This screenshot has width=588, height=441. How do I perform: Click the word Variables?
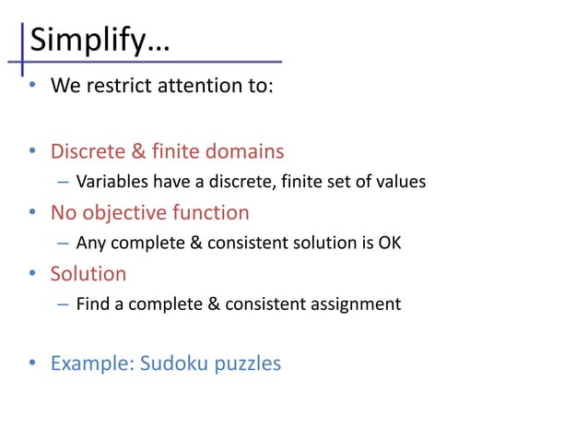click(x=110, y=182)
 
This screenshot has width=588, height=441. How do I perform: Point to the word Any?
click(x=90, y=244)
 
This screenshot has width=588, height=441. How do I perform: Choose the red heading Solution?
click(x=88, y=275)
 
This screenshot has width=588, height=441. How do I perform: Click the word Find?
click(x=92, y=304)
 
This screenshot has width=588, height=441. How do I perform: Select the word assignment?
click(x=357, y=304)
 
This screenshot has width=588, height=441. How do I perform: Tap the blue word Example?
click(x=90, y=364)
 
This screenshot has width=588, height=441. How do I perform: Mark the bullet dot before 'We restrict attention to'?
click(x=31, y=89)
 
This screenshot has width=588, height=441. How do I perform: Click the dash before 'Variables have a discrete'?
click(x=62, y=182)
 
